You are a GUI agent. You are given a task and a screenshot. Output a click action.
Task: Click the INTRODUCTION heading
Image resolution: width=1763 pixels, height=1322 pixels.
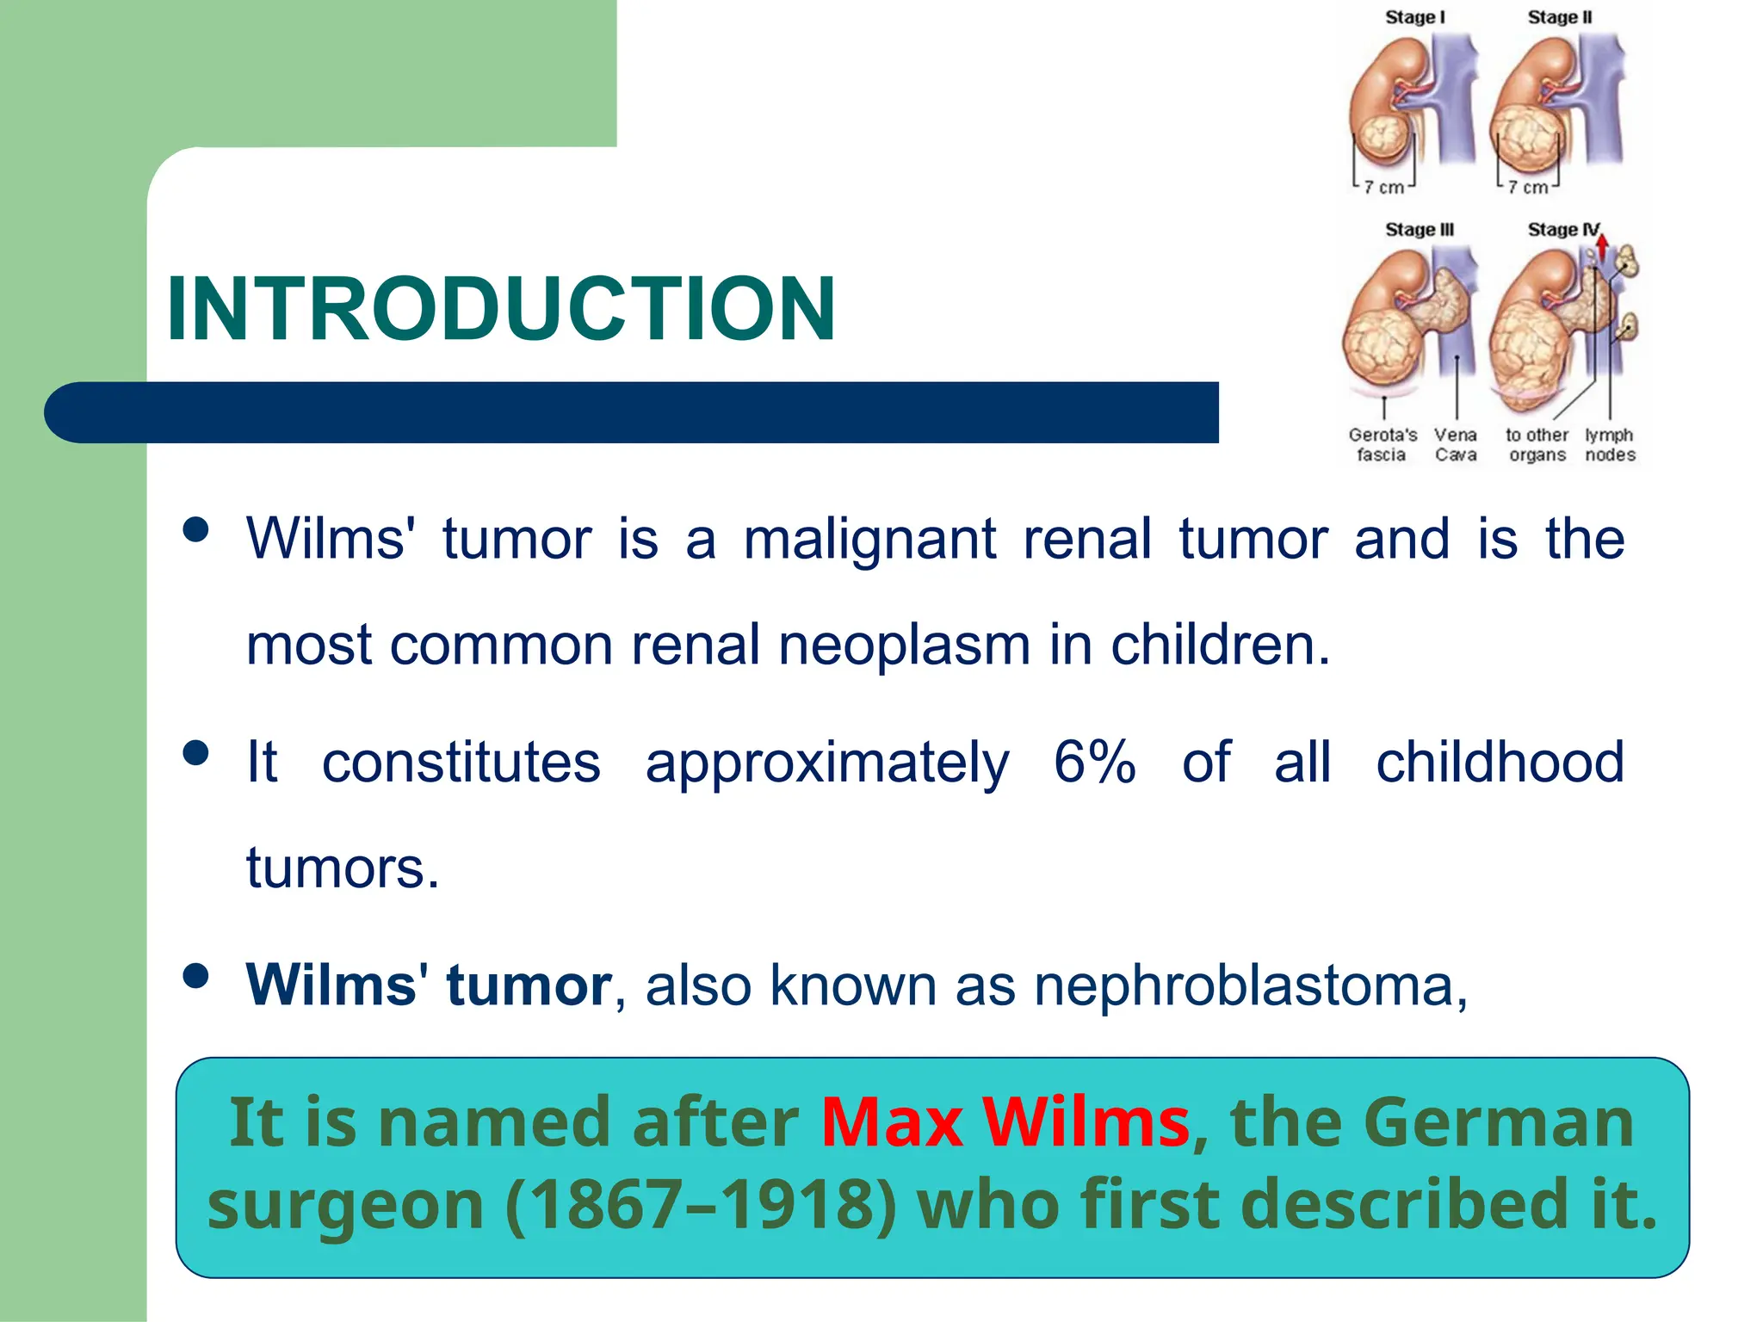click(501, 308)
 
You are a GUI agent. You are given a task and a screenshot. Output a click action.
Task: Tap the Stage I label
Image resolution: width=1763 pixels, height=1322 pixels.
click(1414, 17)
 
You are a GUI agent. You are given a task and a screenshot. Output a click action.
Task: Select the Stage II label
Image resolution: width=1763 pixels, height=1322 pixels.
click(1559, 17)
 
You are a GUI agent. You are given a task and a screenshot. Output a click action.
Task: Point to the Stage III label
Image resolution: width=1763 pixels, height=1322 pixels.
click(1419, 230)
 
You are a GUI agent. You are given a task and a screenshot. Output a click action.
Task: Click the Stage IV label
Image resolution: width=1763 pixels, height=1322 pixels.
click(1563, 230)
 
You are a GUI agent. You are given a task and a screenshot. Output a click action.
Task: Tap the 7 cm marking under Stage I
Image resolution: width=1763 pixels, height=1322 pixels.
click(1383, 188)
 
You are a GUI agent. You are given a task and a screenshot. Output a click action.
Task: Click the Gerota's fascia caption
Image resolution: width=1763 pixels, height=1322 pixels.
click(1382, 445)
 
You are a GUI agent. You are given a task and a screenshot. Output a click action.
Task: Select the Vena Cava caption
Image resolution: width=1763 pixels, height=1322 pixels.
click(1455, 445)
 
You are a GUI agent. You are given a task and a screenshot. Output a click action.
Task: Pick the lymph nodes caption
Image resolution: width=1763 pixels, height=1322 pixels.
click(1609, 445)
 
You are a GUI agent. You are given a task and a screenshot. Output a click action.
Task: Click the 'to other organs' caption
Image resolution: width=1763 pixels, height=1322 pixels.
click(1537, 445)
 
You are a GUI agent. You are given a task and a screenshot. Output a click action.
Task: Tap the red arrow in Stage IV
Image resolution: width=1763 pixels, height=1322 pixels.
click(1601, 247)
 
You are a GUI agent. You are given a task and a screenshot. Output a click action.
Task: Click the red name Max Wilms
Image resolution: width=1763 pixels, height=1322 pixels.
click(1005, 1122)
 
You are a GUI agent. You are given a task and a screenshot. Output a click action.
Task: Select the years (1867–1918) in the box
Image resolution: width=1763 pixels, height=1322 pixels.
click(700, 1204)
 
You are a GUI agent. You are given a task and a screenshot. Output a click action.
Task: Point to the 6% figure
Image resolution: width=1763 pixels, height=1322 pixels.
click(1094, 762)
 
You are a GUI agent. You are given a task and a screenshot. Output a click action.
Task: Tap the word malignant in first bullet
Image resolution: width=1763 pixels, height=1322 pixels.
click(869, 540)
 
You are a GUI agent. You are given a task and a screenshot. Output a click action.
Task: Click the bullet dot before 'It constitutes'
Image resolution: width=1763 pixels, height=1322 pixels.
click(196, 753)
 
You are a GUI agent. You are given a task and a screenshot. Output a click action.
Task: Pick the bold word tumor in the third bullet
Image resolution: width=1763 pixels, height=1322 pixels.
click(528, 985)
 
